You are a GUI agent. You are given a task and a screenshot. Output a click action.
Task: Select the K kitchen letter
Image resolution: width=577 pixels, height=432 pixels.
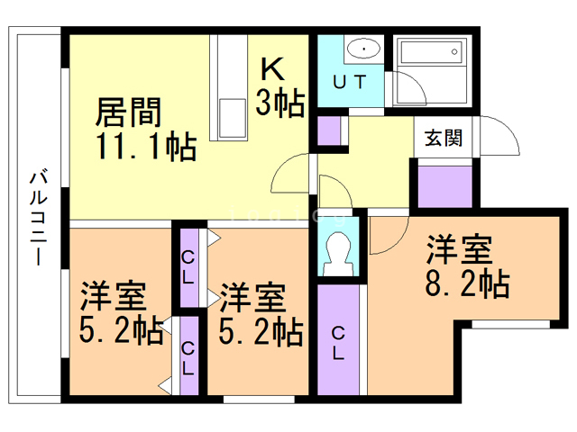coord(272,68)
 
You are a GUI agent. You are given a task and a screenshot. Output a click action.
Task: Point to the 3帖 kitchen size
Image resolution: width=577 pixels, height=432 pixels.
coord(279,102)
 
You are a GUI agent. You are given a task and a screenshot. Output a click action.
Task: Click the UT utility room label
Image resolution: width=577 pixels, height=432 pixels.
coord(350,83)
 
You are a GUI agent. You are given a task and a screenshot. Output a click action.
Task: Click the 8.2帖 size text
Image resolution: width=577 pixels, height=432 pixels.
coord(468,283)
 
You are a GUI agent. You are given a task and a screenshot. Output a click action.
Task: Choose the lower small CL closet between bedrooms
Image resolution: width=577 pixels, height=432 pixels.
coord(188,356)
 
